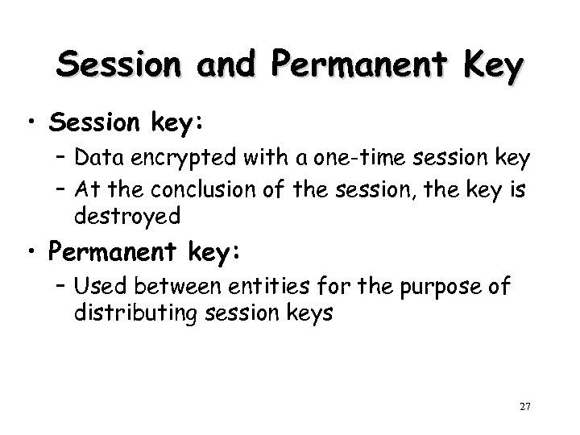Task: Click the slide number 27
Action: [x=524, y=407]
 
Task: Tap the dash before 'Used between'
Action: [x=63, y=287]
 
